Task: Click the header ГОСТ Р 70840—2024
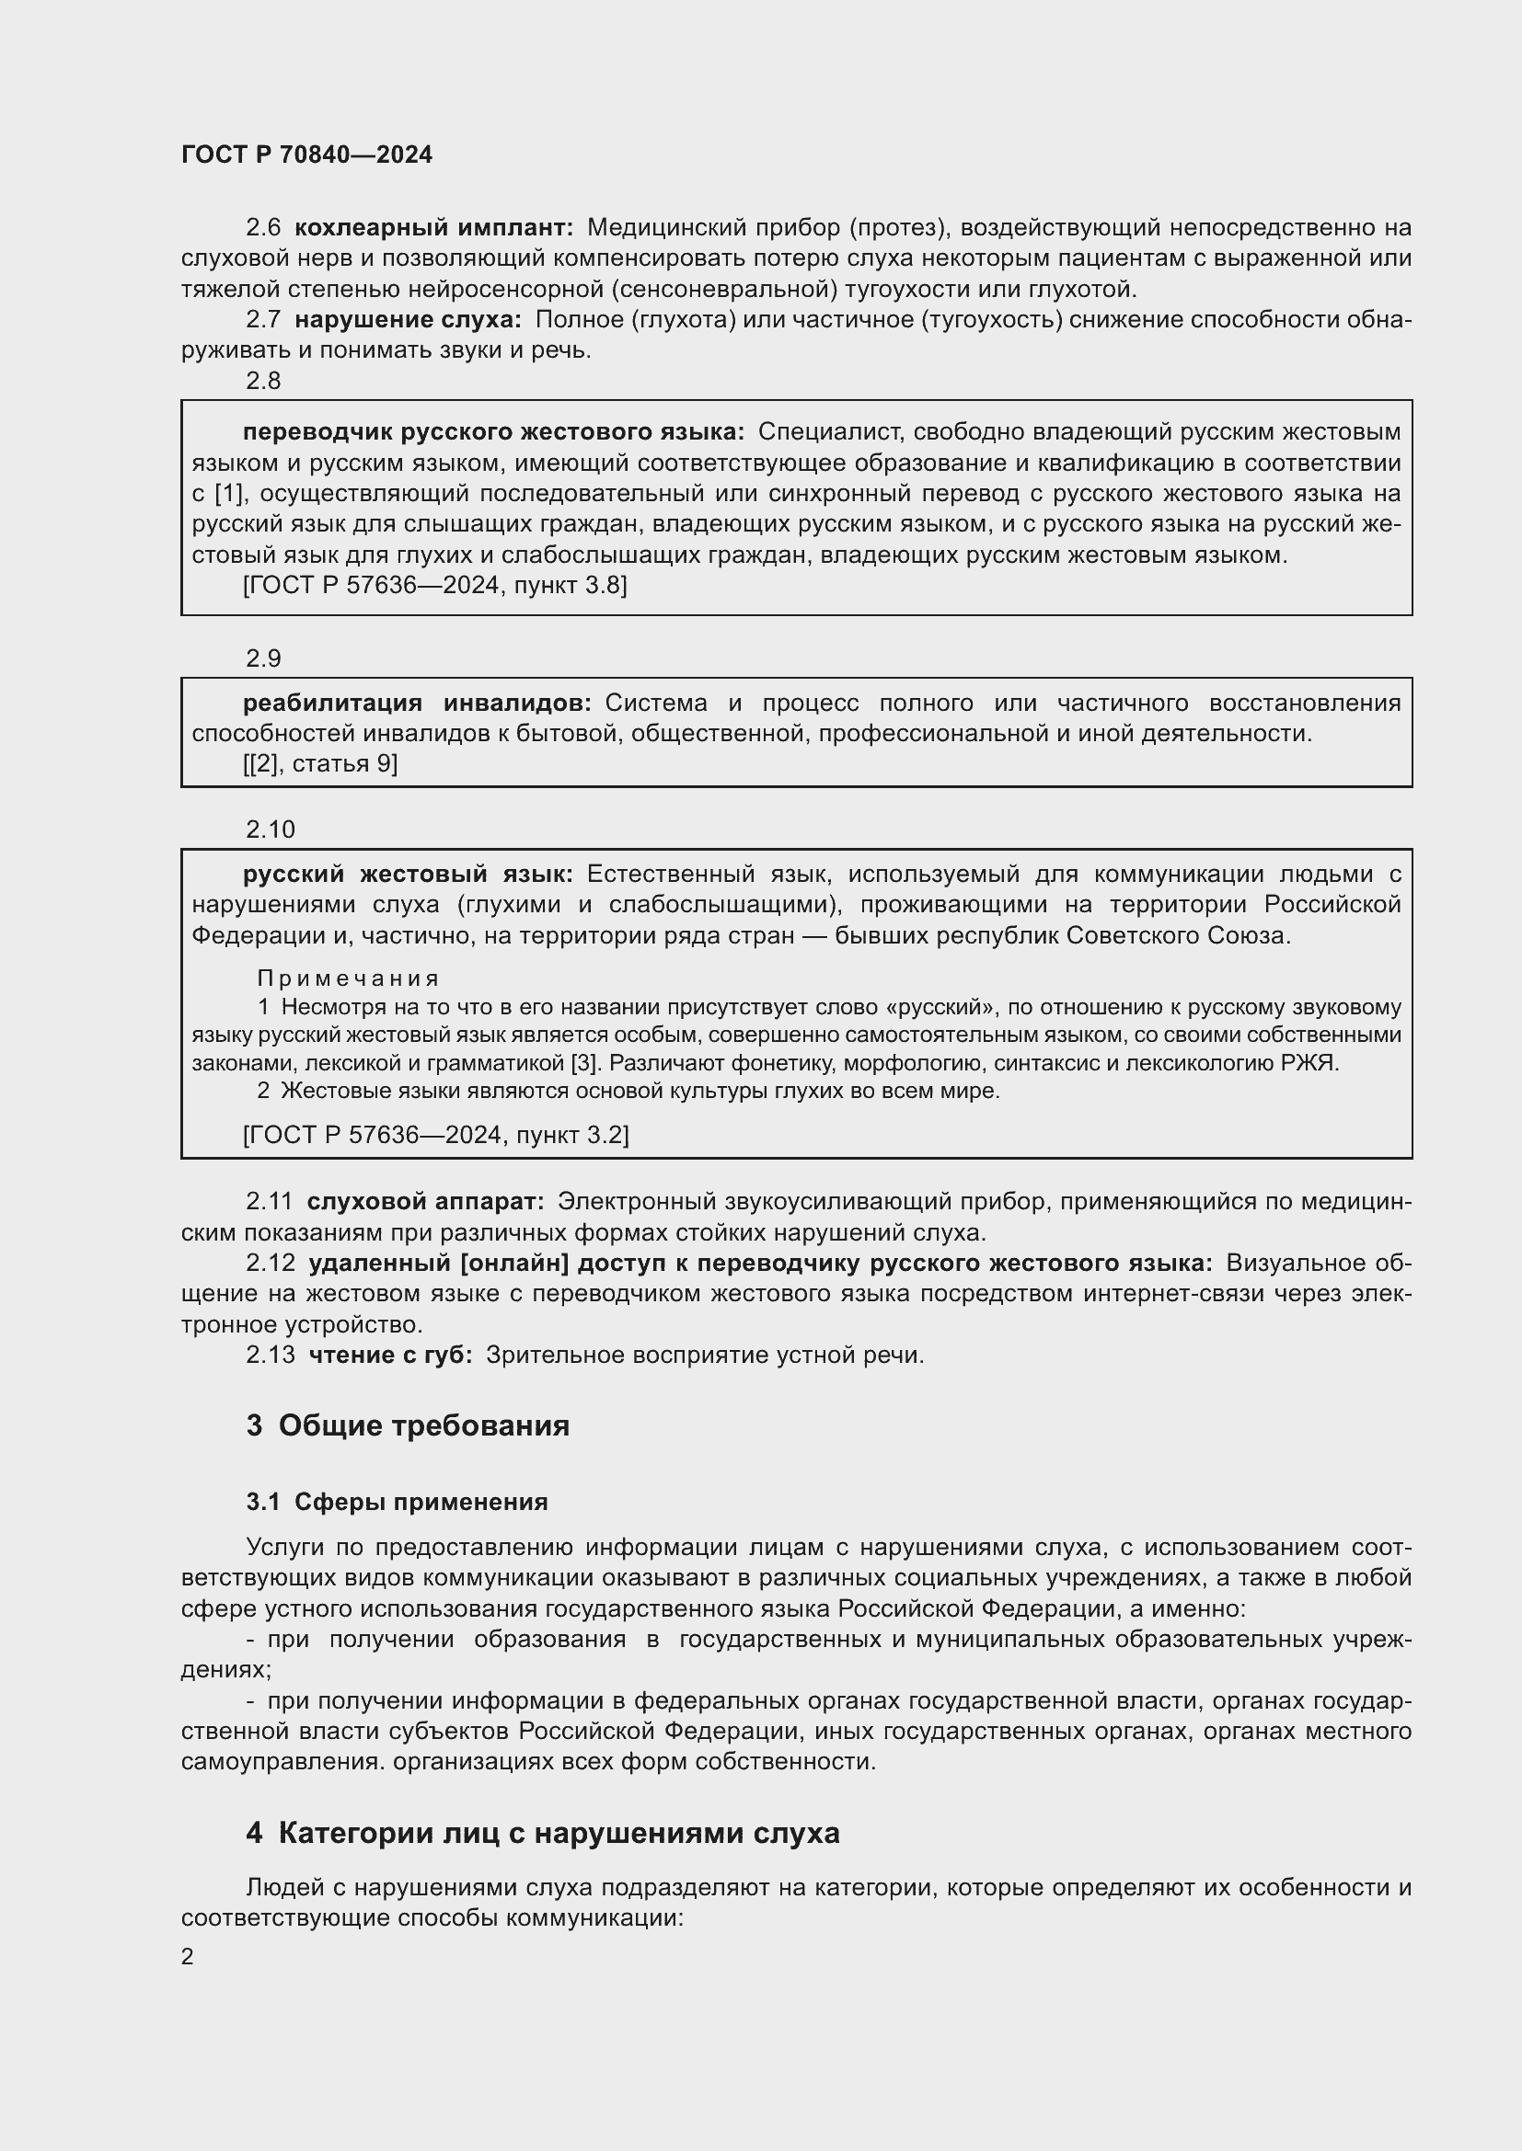point(306,155)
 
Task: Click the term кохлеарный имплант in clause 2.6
point(433,228)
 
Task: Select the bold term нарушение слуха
point(408,319)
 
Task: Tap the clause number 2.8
point(263,381)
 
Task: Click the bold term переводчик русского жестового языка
point(493,432)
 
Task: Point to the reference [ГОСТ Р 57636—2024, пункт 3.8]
point(435,586)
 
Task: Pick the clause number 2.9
point(263,658)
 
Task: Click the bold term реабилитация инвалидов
point(417,703)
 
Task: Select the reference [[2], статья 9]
point(320,763)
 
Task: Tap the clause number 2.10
point(270,830)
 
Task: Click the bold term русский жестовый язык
point(408,874)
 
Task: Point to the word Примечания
point(348,979)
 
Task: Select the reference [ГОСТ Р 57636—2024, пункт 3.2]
point(436,1135)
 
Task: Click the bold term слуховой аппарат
point(425,1201)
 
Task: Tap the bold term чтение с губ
point(391,1355)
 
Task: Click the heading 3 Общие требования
point(408,1426)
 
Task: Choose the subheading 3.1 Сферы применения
point(397,1502)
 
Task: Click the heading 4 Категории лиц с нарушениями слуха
point(543,1833)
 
